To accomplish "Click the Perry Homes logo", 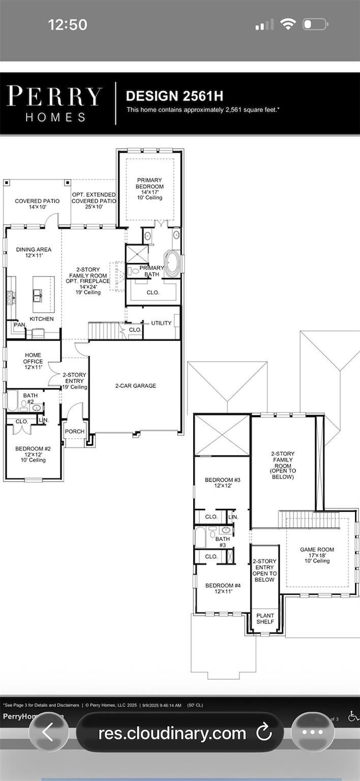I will click(x=54, y=104).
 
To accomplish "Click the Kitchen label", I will click(x=42, y=319).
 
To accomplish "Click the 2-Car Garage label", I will click(x=135, y=386).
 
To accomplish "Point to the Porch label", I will click(x=74, y=431).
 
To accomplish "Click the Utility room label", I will click(x=160, y=322).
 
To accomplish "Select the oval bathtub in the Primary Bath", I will click(x=172, y=264).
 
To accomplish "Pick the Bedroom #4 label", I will click(x=222, y=588).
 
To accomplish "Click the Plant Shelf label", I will click(x=265, y=618).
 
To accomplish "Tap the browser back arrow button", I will click(x=48, y=733).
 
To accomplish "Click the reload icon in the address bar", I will click(x=264, y=733).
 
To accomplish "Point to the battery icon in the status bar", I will click(x=315, y=24).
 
